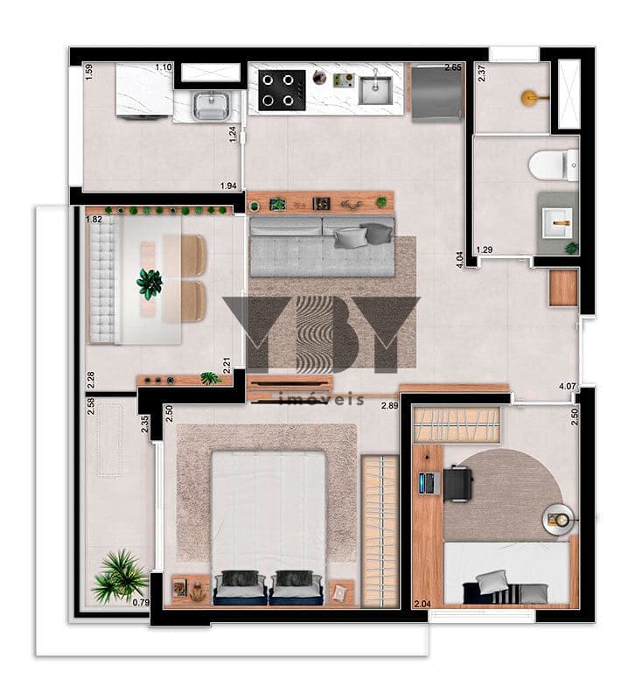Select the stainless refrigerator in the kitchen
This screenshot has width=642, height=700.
pyautogui.click(x=435, y=91)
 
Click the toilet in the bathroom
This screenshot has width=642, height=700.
pyautogui.click(x=554, y=164)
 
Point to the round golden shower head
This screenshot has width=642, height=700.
pyautogui.click(x=529, y=98)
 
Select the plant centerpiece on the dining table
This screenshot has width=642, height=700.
pyautogui.click(x=150, y=283)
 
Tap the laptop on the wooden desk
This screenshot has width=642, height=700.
pyautogui.click(x=428, y=482)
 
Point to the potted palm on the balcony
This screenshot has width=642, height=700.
pyautogui.click(x=120, y=576)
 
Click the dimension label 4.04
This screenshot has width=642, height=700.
pyautogui.click(x=460, y=258)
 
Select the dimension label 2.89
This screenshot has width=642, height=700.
pyautogui.click(x=389, y=405)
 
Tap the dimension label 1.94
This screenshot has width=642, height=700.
pyautogui.click(x=228, y=185)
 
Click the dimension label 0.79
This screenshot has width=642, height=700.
pyautogui.click(x=139, y=602)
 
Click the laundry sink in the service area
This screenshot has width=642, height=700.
pyautogui.click(x=209, y=107)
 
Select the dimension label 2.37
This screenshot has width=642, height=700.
pyautogui.click(x=481, y=75)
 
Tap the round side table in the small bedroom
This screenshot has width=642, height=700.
pyautogui.click(x=557, y=521)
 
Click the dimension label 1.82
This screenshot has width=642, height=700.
pyautogui.click(x=94, y=220)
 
